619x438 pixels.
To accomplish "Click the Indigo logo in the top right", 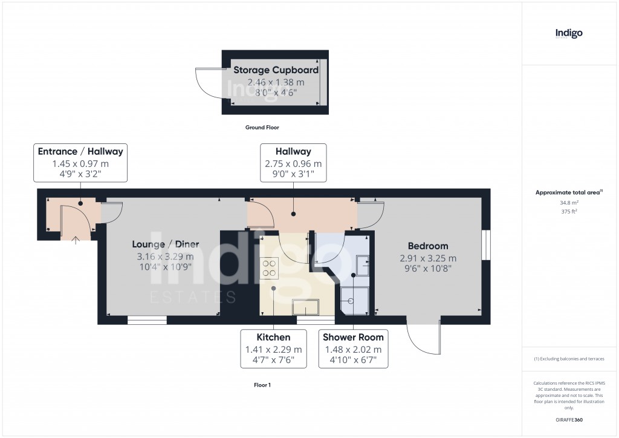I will tap(569, 33).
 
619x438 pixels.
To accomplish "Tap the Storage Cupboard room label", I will tap(276, 70).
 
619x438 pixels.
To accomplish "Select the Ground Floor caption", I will tap(262, 128).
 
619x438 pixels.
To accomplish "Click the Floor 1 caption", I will tap(262, 385).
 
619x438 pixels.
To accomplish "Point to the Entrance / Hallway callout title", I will tap(80, 151).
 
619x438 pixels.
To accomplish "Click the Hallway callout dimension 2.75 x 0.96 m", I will tap(293, 163).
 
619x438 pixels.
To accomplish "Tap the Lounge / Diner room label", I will tap(166, 244).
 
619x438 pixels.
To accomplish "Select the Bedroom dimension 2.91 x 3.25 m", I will tap(427, 257).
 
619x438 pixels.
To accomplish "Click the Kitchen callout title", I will tap(273, 337).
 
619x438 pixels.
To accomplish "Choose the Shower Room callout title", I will tap(353, 337).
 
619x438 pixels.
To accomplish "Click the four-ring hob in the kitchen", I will tap(268, 267).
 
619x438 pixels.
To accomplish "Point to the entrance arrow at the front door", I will tap(76, 240).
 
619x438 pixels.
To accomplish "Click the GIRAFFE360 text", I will tap(569, 420).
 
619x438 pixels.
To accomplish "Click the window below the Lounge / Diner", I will tap(147, 320).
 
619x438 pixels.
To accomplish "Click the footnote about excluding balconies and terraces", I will tap(569, 359).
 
